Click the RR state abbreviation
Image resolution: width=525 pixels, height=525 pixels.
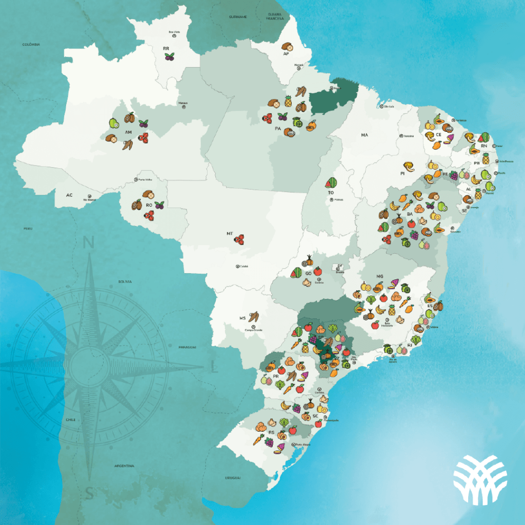[166, 48]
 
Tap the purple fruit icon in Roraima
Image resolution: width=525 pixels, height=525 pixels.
[169, 57]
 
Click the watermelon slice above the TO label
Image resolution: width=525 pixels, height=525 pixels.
[331, 182]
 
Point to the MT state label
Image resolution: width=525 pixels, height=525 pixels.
[230, 233]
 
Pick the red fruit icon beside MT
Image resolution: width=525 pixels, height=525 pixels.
[239, 239]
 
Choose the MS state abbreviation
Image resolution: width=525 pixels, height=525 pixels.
[243, 318]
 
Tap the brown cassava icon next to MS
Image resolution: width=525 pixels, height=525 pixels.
[253, 317]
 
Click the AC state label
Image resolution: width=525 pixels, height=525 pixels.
[69, 195]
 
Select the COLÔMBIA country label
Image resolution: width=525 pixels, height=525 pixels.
[31, 45]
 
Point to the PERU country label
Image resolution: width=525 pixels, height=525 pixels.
[28, 228]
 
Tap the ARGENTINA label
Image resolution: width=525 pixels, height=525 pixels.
[125, 466]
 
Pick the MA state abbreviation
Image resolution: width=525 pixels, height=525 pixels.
[365, 135]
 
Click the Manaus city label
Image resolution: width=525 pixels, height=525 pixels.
[183, 103]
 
